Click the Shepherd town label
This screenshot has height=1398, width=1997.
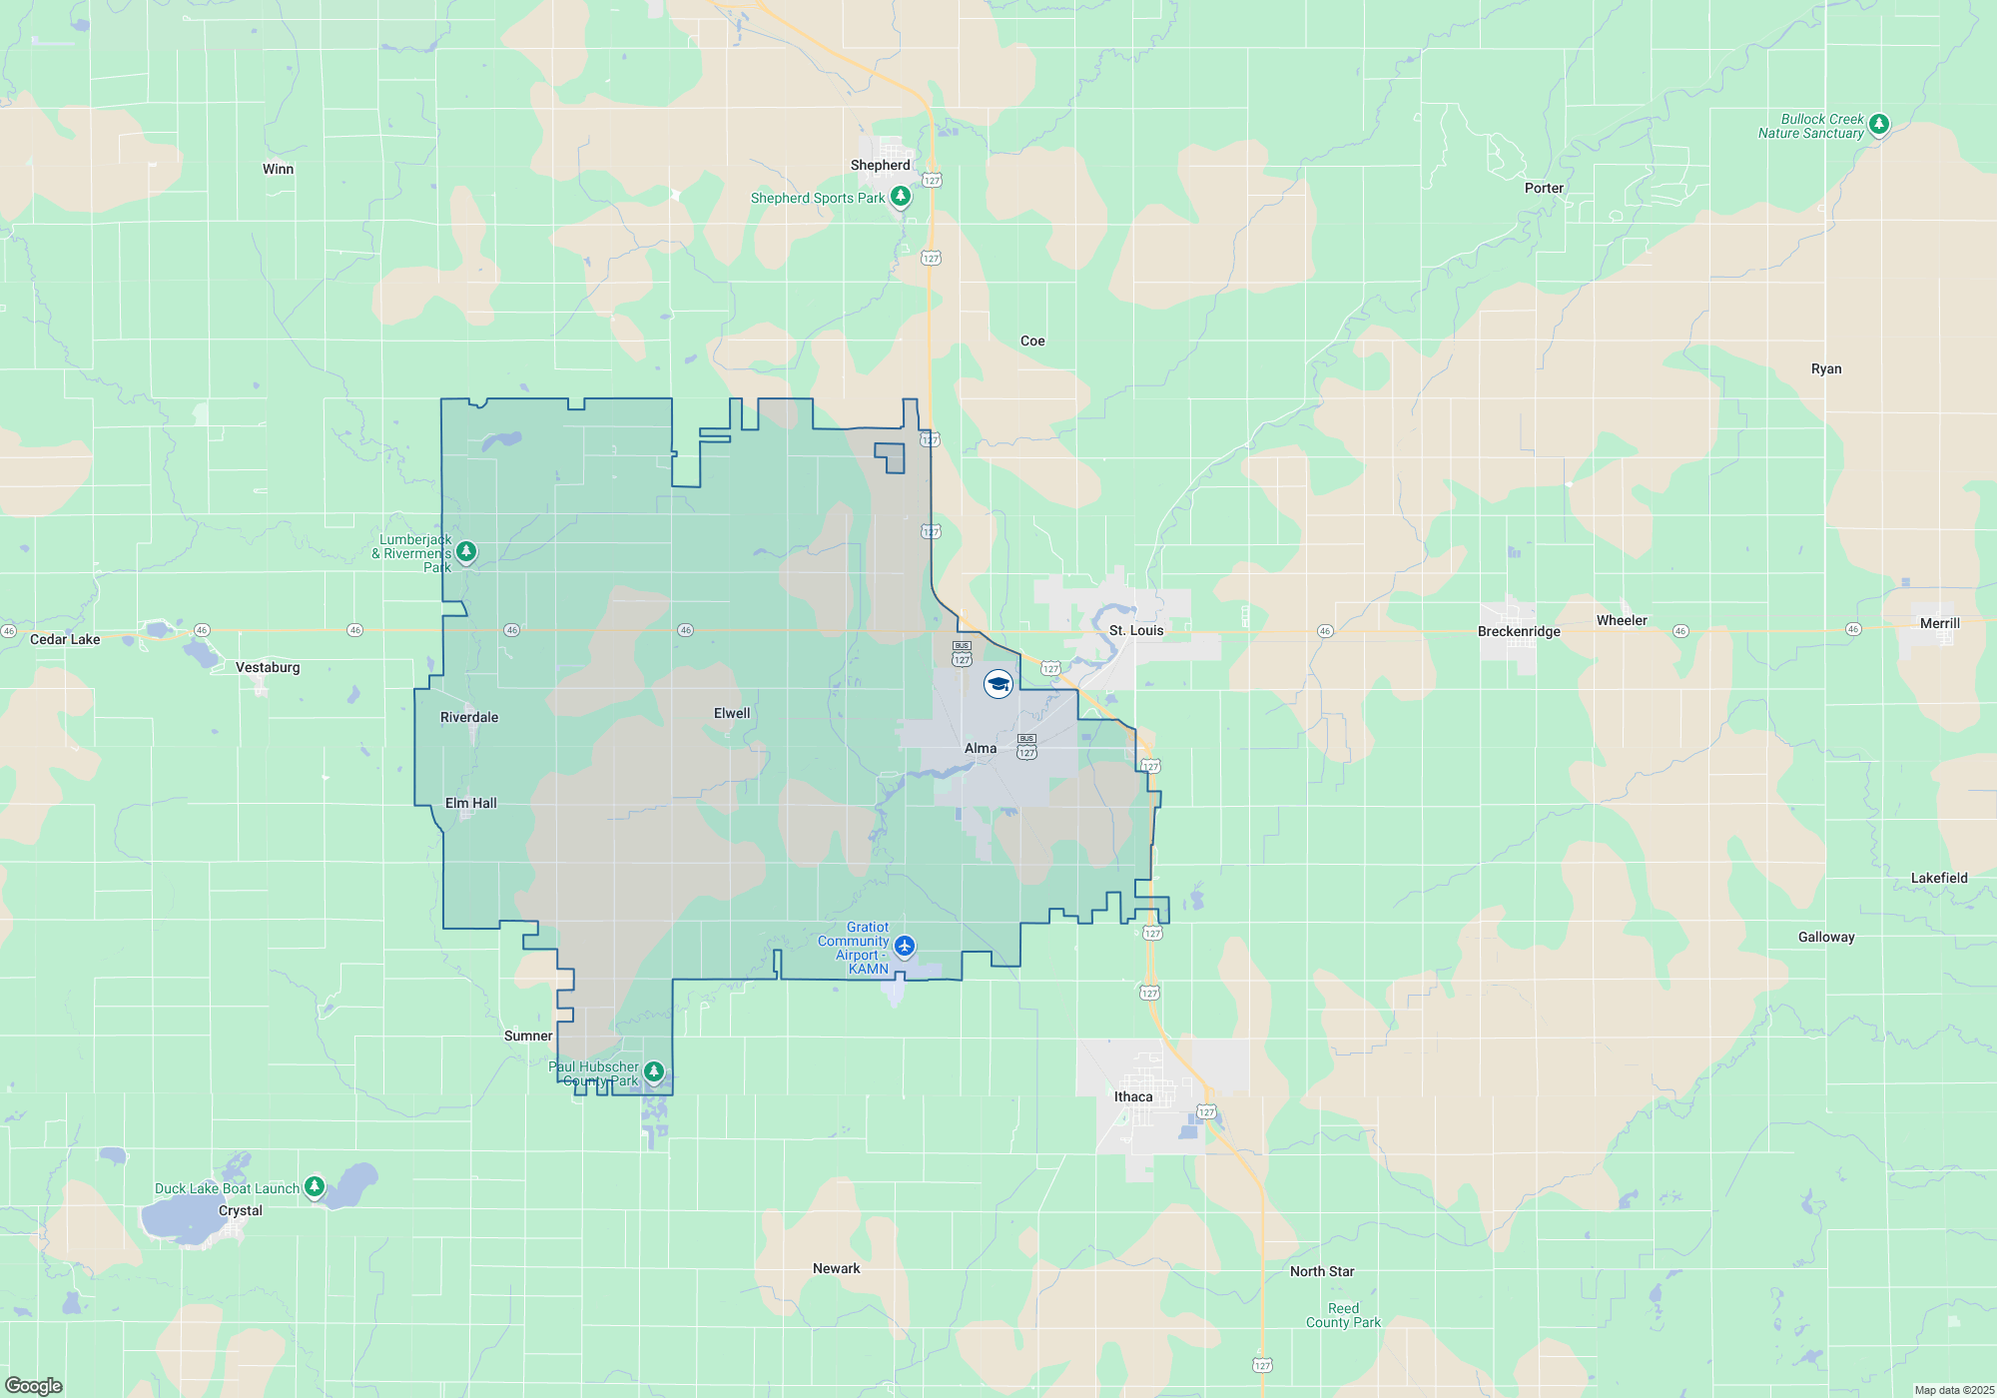click(x=880, y=165)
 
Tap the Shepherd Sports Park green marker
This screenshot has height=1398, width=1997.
click(x=901, y=196)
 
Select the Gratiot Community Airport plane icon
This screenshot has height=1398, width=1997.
click(x=905, y=945)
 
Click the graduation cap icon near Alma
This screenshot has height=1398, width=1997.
click(x=998, y=684)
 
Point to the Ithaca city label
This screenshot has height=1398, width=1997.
click(x=1133, y=1096)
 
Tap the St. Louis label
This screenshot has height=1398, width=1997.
click(x=1136, y=630)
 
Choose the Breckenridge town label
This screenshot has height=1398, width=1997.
click(x=1519, y=631)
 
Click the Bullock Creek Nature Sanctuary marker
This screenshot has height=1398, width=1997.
click(x=1878, y=124)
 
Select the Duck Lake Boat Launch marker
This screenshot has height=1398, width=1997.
click(x=315, y=1186)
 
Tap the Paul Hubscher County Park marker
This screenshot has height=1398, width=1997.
click(x=654, y=1071)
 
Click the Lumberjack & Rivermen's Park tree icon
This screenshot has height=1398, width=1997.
click(x=465, y=551)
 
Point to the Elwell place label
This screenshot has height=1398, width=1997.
click(x=732, y=713)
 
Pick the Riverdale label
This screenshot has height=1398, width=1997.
click(x=469, y=717)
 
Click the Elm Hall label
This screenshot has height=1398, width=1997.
click(x=470, y=803)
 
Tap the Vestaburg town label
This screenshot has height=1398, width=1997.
click(x=268, y=667)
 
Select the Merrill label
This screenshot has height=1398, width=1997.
click(x=1939, y=623)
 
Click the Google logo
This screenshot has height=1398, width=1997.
click(x=34, y=1386)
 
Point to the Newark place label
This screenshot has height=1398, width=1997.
click(x=836, y=1268)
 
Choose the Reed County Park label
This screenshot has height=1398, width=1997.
click(x=1343, y=1315)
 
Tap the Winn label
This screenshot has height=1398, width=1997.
click(x=278, y=169)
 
